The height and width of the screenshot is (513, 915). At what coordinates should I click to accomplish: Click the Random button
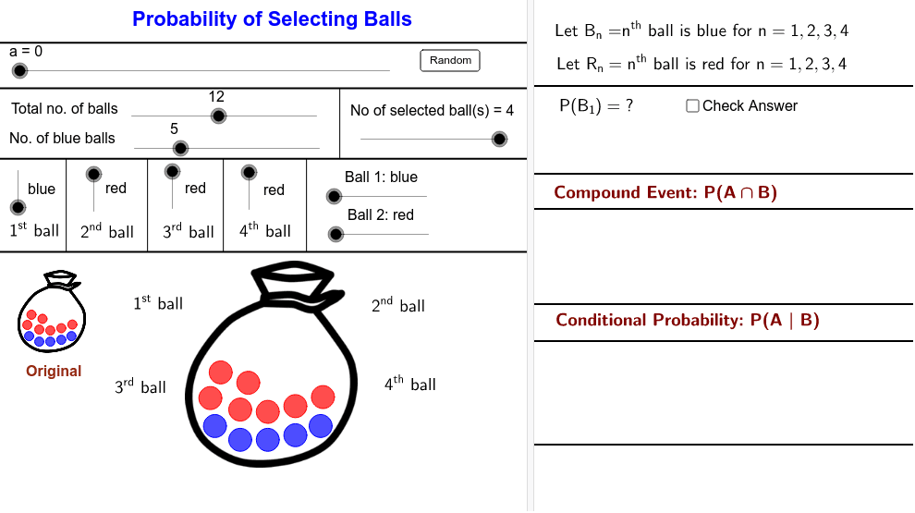[x=450, y=60]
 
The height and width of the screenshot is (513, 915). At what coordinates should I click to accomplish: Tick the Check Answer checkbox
[x=692, y=106]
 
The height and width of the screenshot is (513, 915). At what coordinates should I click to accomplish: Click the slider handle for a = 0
[x=18, y=68]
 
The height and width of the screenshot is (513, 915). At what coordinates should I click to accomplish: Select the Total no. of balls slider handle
[x=218, y=116]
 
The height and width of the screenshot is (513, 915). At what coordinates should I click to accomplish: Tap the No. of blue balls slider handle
[x=181, y=148]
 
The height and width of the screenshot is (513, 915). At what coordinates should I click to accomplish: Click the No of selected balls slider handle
[x=499, y=139]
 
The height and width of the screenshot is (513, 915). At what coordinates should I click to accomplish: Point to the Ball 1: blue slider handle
[x=334, y=196]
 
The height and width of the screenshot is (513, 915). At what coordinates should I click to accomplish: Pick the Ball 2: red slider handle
[x=335, y=234]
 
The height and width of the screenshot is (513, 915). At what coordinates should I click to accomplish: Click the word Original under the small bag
[x=54, y=372]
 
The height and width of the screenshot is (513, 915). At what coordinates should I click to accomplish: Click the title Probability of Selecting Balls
[x=272, y=18]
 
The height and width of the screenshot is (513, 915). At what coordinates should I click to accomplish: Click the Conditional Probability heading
[x=688, y=320]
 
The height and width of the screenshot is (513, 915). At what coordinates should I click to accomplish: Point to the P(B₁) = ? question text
[x=596, y=106]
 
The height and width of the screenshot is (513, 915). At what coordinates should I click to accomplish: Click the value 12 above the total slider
[x=216, y=96]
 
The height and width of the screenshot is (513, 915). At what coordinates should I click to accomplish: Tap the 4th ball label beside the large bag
[x=410, y=384]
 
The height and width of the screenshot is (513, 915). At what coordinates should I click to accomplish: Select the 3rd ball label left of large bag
[x=140, y=386]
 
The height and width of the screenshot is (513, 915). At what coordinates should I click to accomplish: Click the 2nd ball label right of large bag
[x=398, y=305]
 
